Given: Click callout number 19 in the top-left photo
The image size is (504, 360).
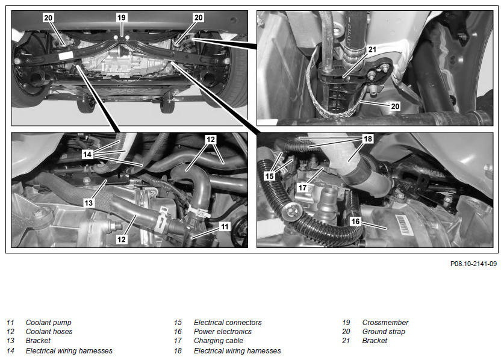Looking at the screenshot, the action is click(x=122, y=17).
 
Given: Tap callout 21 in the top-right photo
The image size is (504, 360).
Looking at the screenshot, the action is click(x=372, y=49).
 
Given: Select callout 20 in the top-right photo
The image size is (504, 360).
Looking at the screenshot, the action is click(x=395, y=106).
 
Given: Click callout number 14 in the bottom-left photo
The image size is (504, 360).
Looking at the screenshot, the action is click(x=87, y=154).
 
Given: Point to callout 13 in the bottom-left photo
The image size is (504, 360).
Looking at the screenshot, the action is click(x=89, y=203).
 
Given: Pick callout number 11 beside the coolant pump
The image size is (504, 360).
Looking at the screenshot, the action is click(x=225, y=226).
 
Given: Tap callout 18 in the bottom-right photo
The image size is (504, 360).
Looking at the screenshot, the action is click(x=368, y=139).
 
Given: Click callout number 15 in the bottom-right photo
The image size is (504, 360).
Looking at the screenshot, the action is click(x=269, y=176).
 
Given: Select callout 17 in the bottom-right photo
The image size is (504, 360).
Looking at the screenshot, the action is click(x=302, y=187).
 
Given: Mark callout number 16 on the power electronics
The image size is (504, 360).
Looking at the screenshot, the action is click(x=355, y=221).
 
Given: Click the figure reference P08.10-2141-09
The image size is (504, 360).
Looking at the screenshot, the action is click(x=473, y=264).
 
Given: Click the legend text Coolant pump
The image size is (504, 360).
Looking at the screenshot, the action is click(x=49, y=323).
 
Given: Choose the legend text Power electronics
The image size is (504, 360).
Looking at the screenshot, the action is click(x=223, y=331).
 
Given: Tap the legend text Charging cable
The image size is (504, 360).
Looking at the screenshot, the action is click(x=219, y=340).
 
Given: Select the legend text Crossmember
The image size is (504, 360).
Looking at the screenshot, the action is click(x=385, y=323).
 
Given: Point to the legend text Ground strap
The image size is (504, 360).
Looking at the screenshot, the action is click(x=384, y=331).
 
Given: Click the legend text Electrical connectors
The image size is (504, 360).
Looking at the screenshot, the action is click(x=228, y=323).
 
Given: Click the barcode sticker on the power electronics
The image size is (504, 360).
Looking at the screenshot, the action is click(x=403, y=224).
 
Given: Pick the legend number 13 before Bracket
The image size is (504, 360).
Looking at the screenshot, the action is click(x=11, y=340).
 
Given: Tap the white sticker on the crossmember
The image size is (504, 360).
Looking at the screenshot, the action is click(x=66, y=55).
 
